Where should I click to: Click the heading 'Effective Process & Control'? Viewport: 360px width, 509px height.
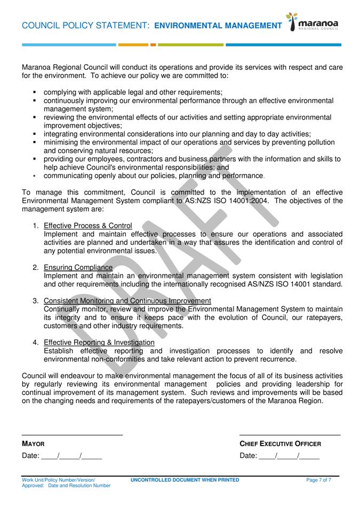88,226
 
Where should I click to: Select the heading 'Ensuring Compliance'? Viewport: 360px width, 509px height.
78,267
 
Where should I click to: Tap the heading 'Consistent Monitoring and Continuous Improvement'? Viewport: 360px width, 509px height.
127,301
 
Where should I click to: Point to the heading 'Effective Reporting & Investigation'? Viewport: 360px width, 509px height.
99,343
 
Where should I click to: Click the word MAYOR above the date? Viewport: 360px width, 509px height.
33,444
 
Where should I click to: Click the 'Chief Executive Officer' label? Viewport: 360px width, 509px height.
280,444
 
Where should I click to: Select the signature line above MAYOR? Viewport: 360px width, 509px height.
72,435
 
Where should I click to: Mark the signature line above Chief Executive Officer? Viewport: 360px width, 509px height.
290,435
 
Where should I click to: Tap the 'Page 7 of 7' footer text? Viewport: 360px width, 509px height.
318,480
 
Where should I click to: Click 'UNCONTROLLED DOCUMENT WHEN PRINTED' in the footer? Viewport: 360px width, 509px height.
185,480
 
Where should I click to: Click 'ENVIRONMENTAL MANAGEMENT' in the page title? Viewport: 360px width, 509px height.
218,26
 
